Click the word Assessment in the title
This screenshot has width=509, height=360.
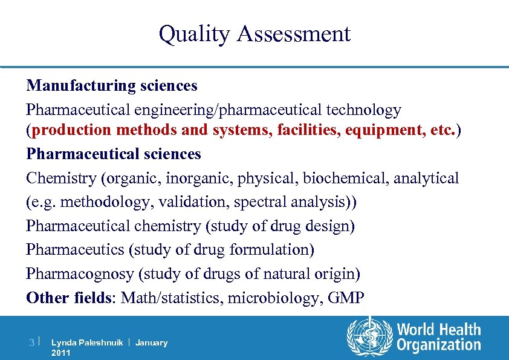click(x=294, y=34)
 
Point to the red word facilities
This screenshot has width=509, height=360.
click(x=306, y=129)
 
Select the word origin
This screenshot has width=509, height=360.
click(x=339, y=273)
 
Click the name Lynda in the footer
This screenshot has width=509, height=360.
click(x=63, y=342)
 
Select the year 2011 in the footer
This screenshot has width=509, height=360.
click(x=61, y=352)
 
